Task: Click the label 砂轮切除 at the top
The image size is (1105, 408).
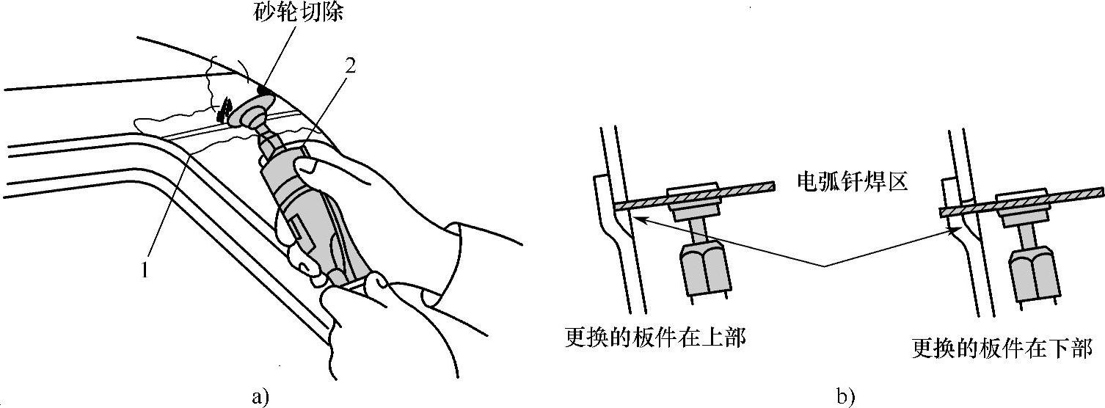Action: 298,12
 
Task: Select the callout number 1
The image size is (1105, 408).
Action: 145,270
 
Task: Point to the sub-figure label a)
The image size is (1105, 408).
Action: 260,397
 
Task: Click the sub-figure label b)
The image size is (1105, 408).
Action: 845,397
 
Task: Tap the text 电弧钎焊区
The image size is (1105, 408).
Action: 853,182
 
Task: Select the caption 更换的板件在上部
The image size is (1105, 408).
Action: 655,338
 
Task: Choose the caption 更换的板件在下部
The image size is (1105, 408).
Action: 1002,349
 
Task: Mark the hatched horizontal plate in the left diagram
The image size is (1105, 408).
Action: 695,197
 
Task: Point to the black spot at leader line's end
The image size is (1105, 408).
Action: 263,90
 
